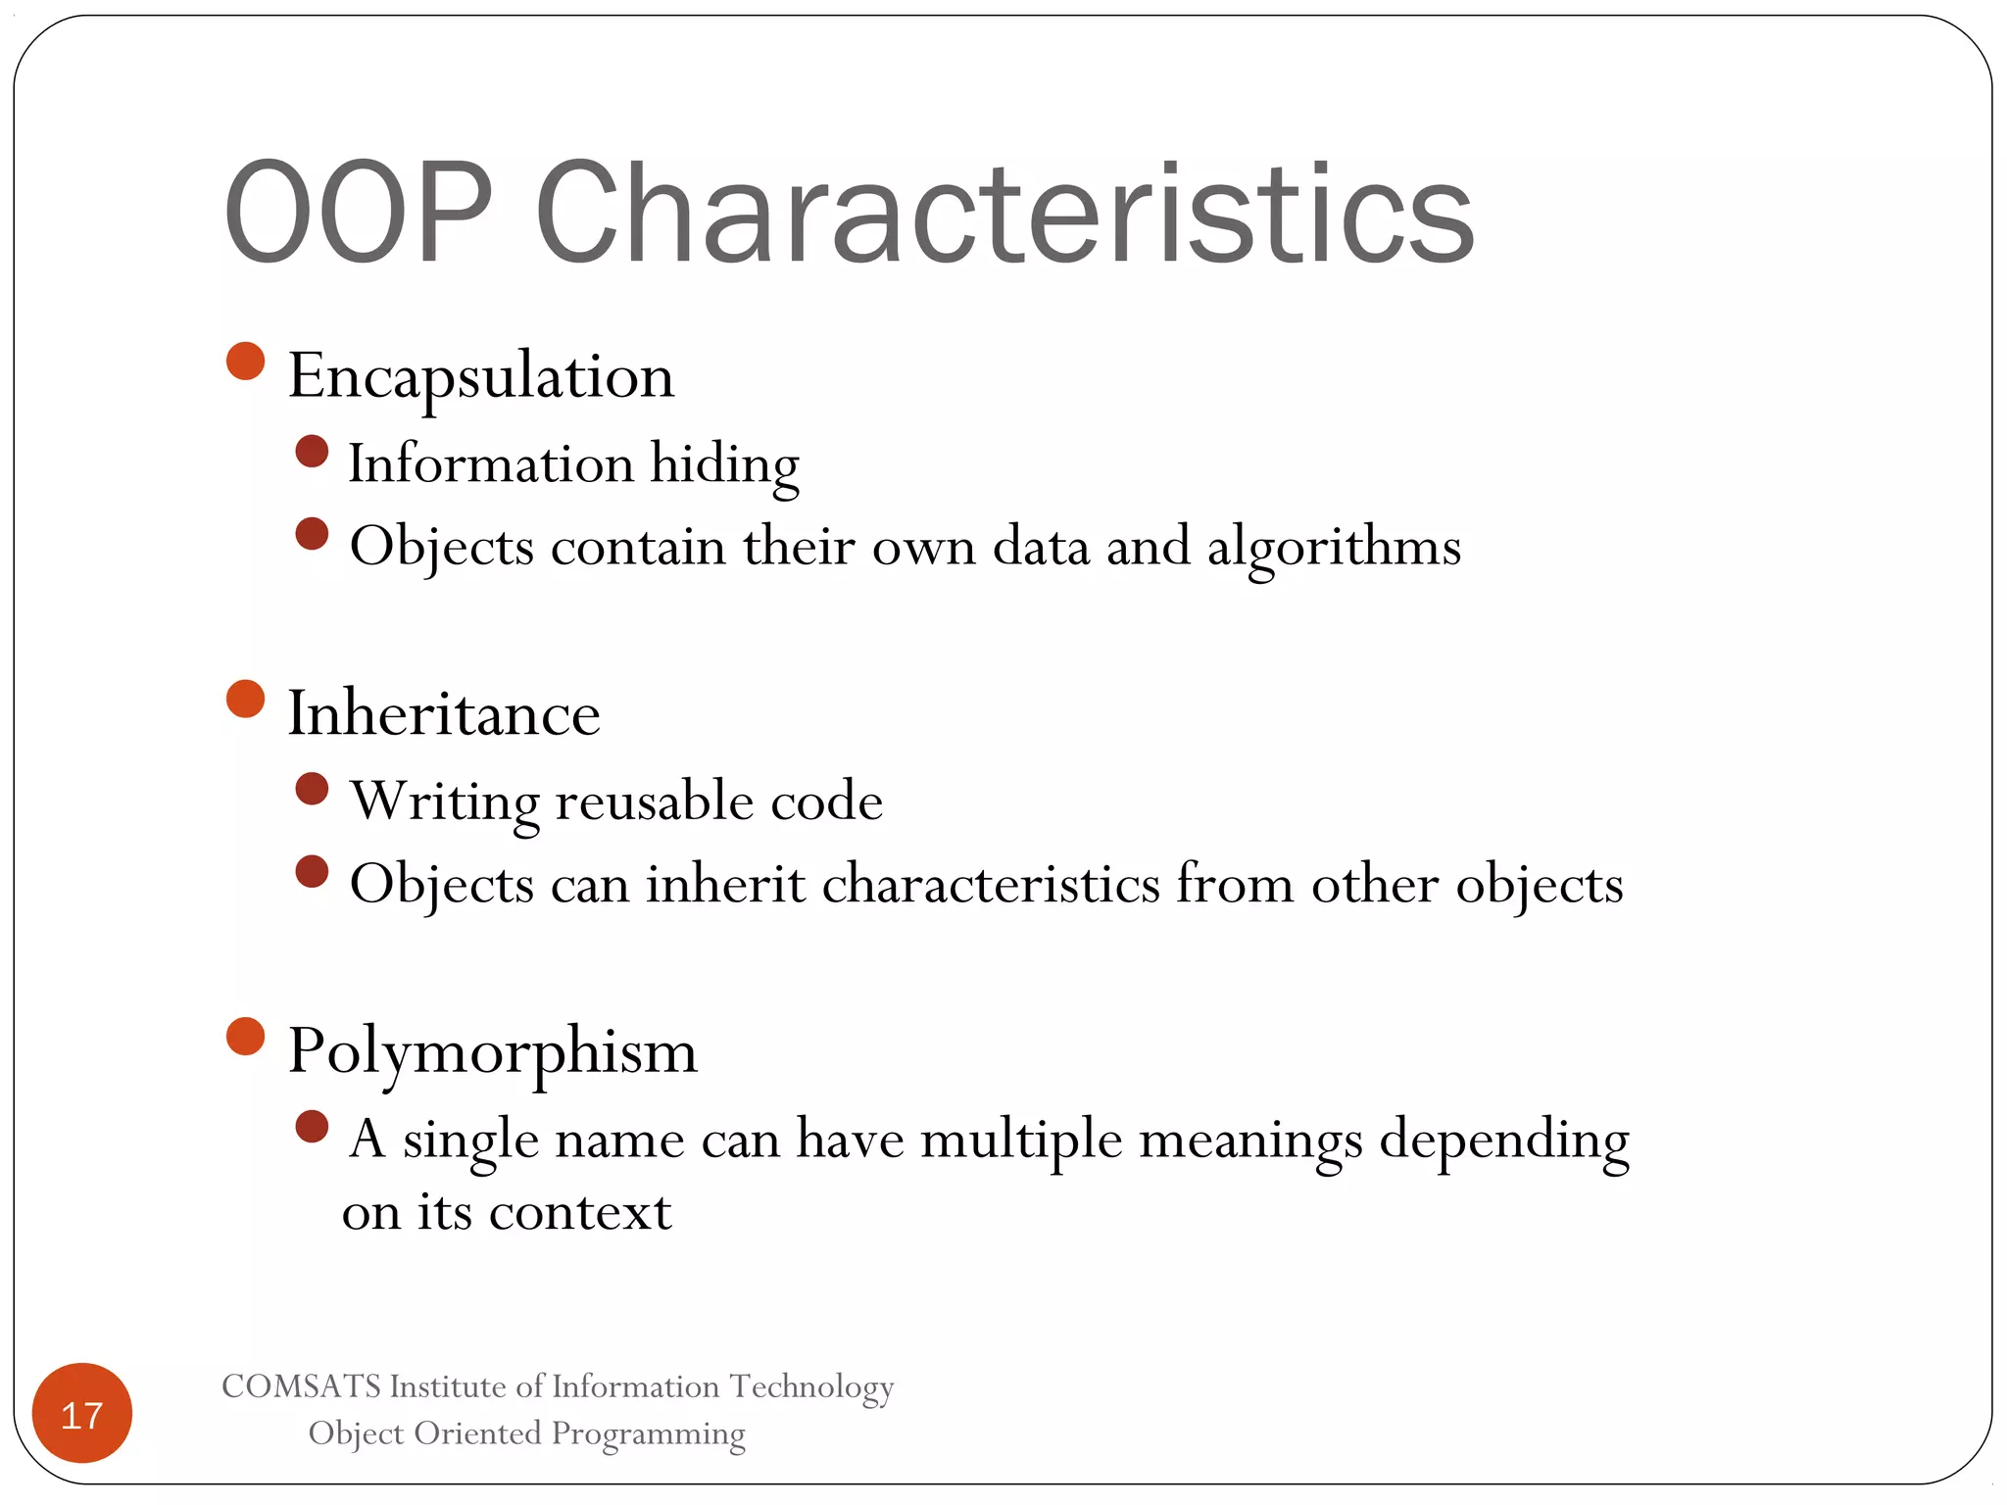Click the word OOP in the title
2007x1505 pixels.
pyautogui.click(x=358, y=213)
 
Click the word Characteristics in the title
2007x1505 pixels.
pyautogui.click(x=1004, y=213)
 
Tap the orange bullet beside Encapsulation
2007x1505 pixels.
pyautogui.click(x=246, y=361)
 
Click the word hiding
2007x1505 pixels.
pyautogui.click(x=725, y=464)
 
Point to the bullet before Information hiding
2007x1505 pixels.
pyautogui.click(x=312, y=452)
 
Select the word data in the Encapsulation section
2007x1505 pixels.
pyautogui.click(x=1041, y=546)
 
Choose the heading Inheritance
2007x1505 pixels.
pyautogui.click(x=444, y=713)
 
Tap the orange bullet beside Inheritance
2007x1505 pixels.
pyautogui.click(x=246, y=700)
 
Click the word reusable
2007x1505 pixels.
pyautogui.click(x=655, y=802)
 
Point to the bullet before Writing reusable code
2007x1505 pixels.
pyautogui.click(x=312, y=789)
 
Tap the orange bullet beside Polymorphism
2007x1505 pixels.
pyautogui.click(x=246, y=1037)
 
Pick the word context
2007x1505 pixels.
pyautogui.click(x=580, y=1213)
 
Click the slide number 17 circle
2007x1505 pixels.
pyautogui.click(x=82, y=1413)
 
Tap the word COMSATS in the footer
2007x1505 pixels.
pyautogui.click(x=301, y=1386)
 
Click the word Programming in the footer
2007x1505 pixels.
pyautogui.click(x=648, y=1433)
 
